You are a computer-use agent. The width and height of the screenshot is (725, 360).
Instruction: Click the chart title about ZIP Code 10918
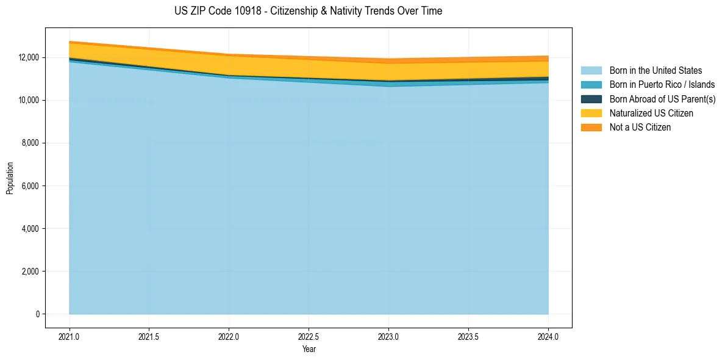[308, 11]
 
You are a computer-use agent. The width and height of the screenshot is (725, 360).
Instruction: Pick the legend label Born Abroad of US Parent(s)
[662, 99]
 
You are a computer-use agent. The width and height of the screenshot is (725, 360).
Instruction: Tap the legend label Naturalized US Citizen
[651, 113]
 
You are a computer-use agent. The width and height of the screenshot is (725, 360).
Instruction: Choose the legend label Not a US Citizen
[640, 128]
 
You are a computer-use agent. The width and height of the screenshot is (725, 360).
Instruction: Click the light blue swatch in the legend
[591, 71]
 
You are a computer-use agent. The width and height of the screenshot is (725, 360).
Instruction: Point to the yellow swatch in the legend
[591, 113]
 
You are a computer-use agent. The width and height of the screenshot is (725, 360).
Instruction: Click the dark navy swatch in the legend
[591, 99]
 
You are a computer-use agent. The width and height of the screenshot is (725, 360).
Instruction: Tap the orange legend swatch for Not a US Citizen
[591, 128]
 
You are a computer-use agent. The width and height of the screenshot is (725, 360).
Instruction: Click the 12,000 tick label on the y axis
[29, 57]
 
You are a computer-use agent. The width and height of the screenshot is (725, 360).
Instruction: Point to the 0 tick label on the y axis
[37, 314]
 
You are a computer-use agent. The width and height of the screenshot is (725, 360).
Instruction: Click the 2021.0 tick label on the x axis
[70, 336]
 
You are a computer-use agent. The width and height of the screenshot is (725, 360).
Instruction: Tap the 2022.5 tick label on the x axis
[309, 336]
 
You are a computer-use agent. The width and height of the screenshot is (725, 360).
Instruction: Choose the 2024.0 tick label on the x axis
[548, 336]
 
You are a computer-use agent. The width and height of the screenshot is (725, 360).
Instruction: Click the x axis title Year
[309, 349]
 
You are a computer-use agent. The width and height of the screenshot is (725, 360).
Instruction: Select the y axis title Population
[10, 178]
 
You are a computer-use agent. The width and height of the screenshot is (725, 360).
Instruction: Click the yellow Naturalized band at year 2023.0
[388, 71]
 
